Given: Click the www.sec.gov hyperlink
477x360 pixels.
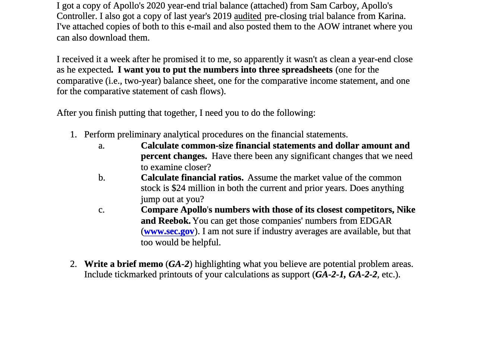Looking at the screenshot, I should [x=169, y=232].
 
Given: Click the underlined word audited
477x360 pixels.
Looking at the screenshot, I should [x=248, y=16].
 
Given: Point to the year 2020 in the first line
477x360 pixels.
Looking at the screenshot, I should [x=156, y=6].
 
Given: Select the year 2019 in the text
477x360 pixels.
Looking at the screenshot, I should [x=222, y=16].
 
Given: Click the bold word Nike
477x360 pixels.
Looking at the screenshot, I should [x=406, y=210].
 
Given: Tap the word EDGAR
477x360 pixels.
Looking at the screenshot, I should [x=376, y=221].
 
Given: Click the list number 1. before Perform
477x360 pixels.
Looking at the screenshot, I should [x=73, y=135].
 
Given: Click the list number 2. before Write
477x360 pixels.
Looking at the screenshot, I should [x=73, y=264].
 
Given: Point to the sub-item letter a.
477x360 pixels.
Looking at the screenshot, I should [x=101, y=146].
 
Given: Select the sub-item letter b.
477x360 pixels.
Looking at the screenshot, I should [x=101, y=178].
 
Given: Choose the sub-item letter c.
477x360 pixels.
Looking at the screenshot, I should [x=101, y=210].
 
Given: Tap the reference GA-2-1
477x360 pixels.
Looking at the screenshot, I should [x=329, y=275].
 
